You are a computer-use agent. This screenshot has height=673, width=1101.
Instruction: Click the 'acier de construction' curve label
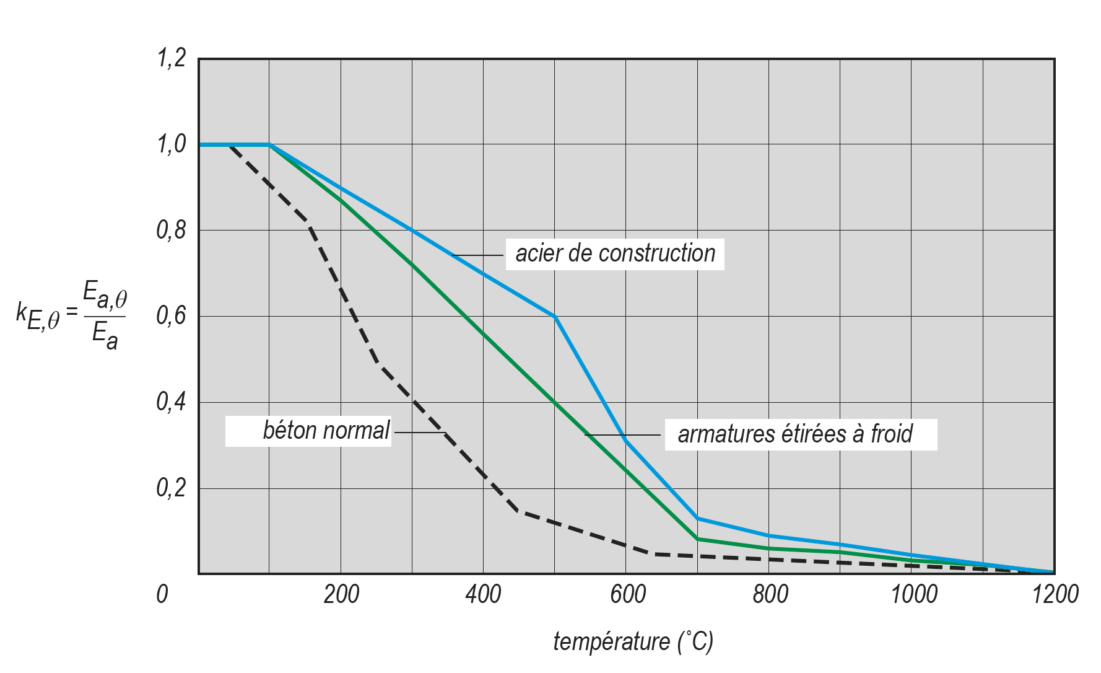615,253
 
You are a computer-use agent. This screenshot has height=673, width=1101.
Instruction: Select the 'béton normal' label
326,431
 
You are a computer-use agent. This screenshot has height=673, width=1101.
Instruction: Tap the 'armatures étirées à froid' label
795,434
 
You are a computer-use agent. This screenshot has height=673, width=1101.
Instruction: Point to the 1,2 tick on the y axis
171,59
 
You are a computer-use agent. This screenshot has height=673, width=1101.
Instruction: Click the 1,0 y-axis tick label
171,144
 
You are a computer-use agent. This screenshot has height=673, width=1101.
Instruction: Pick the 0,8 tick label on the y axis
171,231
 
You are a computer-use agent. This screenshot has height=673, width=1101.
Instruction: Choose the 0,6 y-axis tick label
171,317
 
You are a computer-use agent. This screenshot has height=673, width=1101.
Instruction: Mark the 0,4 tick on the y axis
171,403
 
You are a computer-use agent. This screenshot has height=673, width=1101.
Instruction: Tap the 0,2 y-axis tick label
171,488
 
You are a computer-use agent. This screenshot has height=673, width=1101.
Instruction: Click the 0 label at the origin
162,594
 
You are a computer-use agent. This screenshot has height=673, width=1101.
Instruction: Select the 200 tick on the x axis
341,594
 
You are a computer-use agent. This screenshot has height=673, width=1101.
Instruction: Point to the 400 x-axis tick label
483,594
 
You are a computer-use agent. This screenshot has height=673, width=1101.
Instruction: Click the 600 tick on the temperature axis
627,594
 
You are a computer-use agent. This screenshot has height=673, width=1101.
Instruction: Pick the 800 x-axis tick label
770,594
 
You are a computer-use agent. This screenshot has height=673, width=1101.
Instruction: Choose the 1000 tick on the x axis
913,594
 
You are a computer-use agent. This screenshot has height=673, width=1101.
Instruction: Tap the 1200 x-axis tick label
1055,594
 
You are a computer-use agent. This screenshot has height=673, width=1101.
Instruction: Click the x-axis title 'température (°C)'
633,642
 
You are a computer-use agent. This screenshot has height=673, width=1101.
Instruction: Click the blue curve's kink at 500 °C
555,317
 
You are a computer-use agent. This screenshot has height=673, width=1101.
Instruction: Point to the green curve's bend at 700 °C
698,539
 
